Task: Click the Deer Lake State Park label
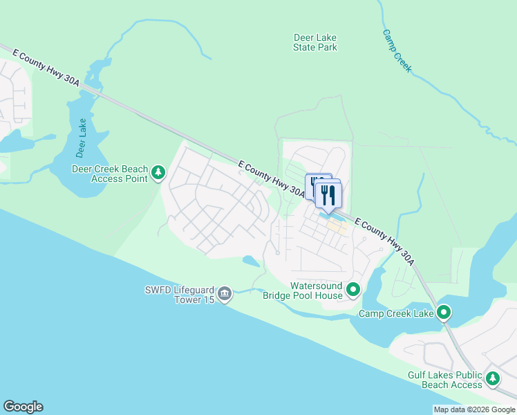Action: [x=315, y=43]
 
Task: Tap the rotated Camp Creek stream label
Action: [x=397, y=51]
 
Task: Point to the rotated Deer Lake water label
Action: [x=82, y=127]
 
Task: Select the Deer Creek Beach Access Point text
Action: [x=111, y=174]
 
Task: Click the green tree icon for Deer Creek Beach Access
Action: [x=159, y=172]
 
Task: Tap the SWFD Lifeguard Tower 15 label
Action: [x=176, y=295]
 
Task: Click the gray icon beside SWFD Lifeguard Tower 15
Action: [x=225, y=295]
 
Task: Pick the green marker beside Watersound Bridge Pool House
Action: [x=353, y=289]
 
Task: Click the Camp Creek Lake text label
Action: [x=396, y=314]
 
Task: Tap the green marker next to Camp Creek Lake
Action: [x=444, y=314]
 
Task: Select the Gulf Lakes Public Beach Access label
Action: [x=445, y=380]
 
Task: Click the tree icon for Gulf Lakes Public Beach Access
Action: [x=493, y=378]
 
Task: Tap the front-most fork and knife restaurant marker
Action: [x=328, y=196]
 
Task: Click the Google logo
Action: [x=23, y=407]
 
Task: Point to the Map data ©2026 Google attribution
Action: [x=474, y=409]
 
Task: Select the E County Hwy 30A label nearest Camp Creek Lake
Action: [x=386, y=241]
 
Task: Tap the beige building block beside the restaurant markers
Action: [x=337, y=226]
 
